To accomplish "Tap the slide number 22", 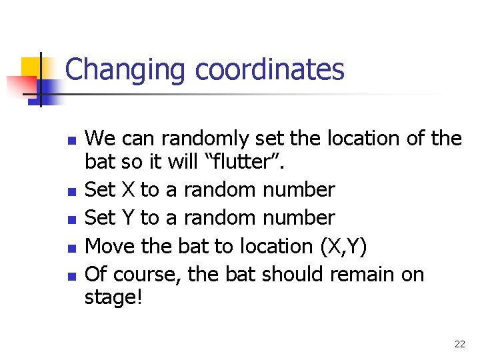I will [459, 344].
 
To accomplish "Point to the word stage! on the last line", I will [113, 297].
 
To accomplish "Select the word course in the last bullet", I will [149, 274].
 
